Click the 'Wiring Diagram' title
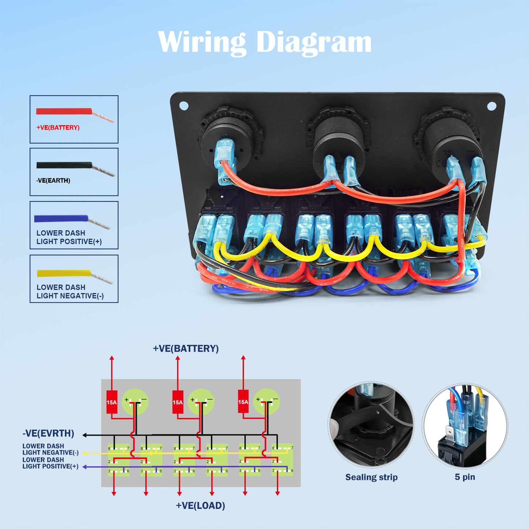tap(264, 42)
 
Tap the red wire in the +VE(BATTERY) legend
tap(64, 111)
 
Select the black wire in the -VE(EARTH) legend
tap(64, 165)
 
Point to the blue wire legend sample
tap(61, 219)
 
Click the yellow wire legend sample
tap(64, 273)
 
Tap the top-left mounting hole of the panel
tap(184, 106)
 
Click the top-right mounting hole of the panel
tap(492, 106)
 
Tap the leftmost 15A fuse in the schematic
tap(112, 402)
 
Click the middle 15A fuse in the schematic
tap(178, 402)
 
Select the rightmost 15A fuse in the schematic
tap(243, 402)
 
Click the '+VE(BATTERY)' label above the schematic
tap(186, 349)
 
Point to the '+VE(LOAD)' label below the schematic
tap(200, 506)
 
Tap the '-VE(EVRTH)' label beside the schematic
tap(48, 433)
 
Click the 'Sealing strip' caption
tap(371, 477)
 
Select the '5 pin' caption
tap(465, 477)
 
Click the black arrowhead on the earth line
tap(85, 435)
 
